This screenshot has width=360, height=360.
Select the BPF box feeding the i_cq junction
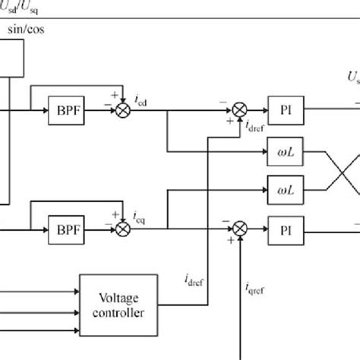66,227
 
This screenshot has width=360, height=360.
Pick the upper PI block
286,109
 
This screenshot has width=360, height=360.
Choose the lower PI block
286,227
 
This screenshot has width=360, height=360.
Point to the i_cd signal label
141,100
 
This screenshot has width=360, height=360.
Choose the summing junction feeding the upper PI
240,109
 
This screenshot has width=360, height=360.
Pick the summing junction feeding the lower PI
240,227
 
